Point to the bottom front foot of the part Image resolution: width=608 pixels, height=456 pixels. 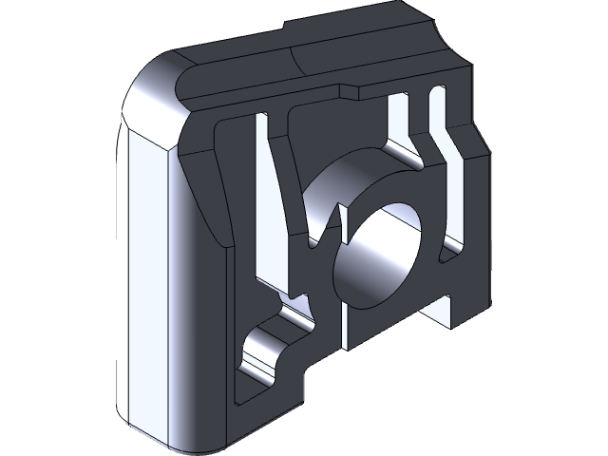[266, 408]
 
